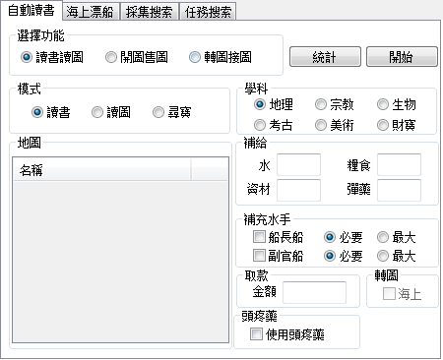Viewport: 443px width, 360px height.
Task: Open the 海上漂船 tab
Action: [91, 13]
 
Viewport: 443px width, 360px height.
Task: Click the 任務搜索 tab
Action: [208, 13]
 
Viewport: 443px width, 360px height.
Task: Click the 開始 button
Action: [401, 57]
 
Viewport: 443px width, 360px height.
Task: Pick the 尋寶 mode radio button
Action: [159, 112]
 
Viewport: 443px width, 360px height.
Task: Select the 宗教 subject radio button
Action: [321, 104]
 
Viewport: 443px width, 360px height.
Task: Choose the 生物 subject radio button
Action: [383, 104]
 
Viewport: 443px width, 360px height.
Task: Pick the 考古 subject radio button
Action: [260, 124]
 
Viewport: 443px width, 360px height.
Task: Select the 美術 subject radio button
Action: [321, 124]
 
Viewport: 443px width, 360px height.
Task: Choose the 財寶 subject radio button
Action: [383, 124]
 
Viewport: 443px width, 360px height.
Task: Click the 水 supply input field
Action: [298, 164]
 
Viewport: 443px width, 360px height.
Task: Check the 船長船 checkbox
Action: [259, 237]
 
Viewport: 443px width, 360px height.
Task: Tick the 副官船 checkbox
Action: [259, 256]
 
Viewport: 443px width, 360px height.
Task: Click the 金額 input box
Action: [314, 292]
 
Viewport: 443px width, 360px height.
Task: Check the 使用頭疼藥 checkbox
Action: [256, 334]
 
